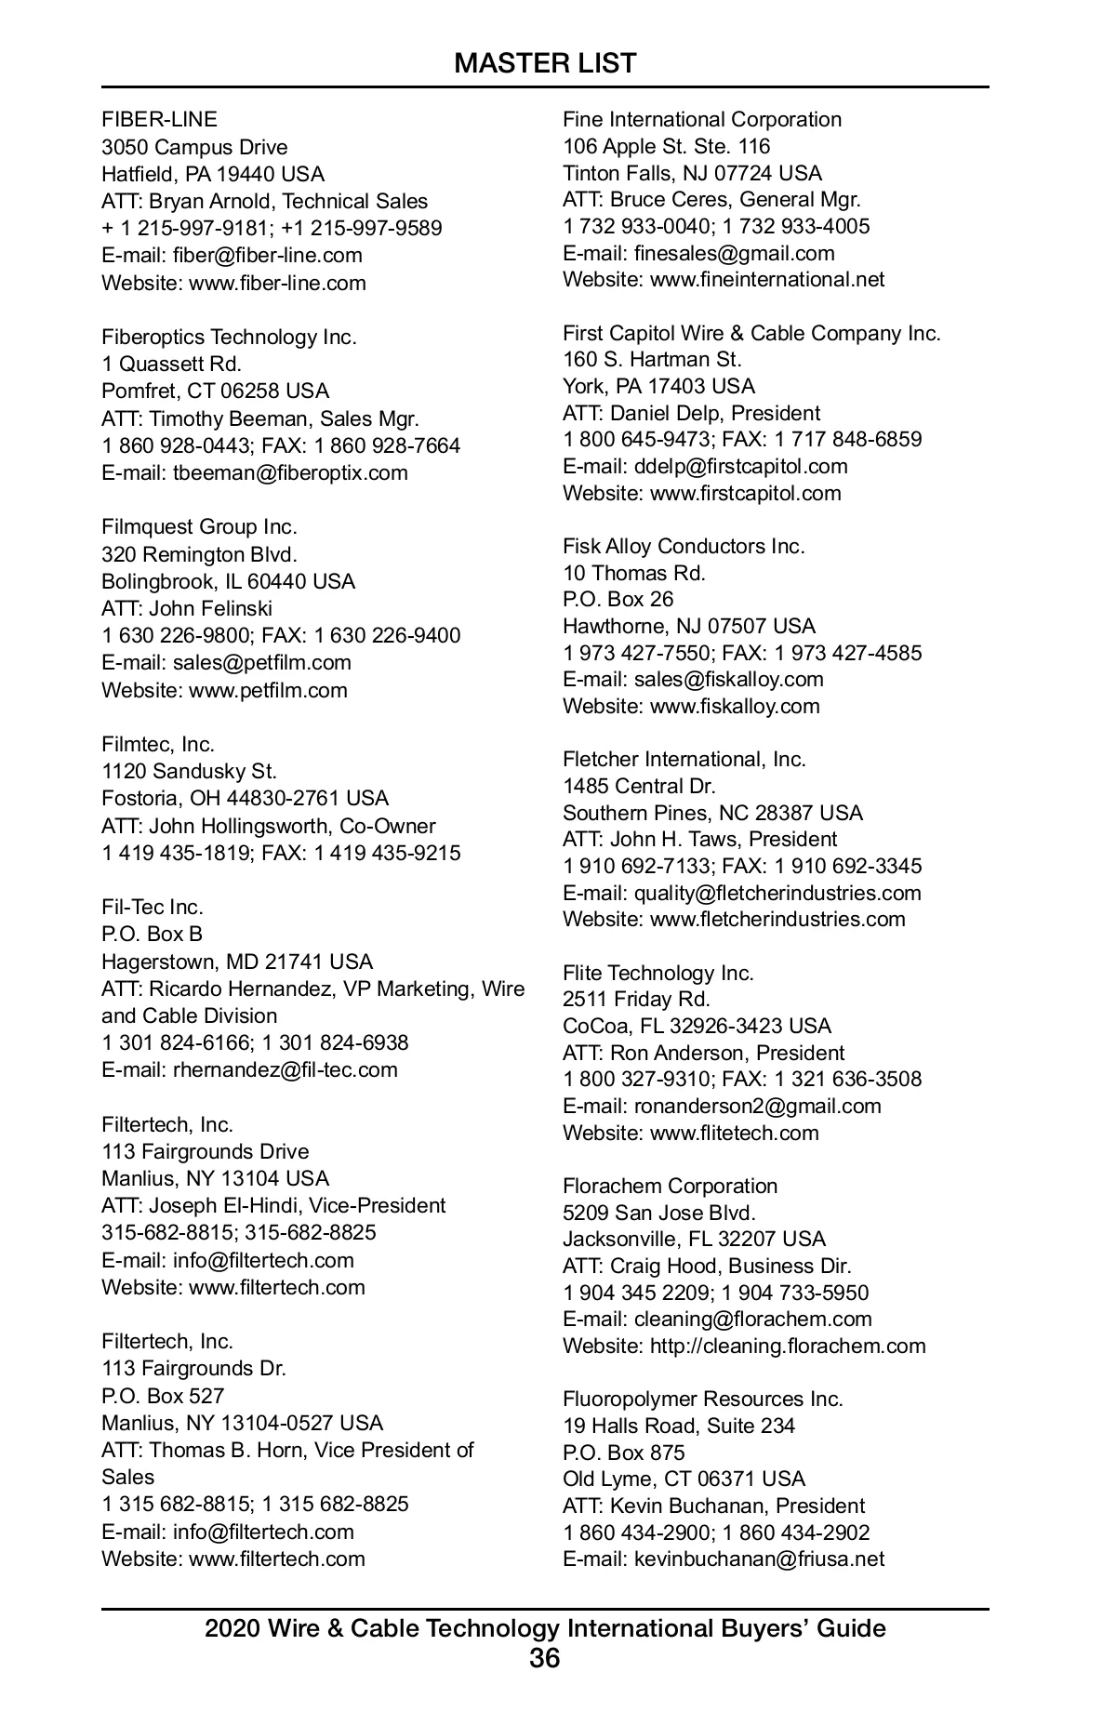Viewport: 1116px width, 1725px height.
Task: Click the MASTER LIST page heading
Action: coord(545,63)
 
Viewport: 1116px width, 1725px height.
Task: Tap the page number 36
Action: coord(545,1658)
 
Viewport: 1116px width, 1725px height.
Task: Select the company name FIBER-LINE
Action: coord(159,119)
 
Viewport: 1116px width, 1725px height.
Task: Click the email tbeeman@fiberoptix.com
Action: coord(290,472)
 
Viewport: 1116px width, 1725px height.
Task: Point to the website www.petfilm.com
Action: coord(268,690)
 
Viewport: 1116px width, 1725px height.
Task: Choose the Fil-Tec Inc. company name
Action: coord(153,907)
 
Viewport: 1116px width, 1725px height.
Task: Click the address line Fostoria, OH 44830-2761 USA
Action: coord(245,798)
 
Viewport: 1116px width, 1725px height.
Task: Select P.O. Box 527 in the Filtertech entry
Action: coord(163,1396)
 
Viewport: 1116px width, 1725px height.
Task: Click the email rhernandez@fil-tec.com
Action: coord(285,1069)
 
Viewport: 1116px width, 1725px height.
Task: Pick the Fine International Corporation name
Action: coord(702,119)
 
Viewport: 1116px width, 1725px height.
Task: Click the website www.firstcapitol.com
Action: coord(745,493)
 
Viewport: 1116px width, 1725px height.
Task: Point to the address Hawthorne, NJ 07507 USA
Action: coord(688,626)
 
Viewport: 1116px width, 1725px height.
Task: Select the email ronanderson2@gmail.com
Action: coord(757,1106)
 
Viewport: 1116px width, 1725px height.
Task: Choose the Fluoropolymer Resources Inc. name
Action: coord(702,1399)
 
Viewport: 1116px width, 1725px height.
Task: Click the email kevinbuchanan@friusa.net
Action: coord(759,1559)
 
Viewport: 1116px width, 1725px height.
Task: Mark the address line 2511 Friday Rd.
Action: coord(636,999)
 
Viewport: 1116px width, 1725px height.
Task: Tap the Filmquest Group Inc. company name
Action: coord(199,527)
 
